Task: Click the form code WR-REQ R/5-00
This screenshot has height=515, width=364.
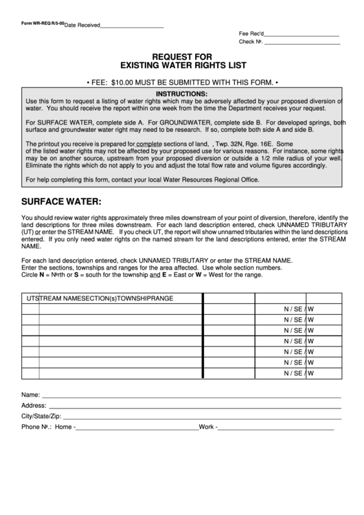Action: click(43, 23)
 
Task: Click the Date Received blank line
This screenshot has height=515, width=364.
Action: click(132, 26)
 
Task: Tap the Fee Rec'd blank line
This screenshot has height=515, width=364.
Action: click(302, 34)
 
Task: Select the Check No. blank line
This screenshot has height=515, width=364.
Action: click(302, 43)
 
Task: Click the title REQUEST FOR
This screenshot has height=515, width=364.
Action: click(181, 56)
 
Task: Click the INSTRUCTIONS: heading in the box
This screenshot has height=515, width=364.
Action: click(181, 94)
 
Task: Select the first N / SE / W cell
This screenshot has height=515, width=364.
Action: click(299, 309)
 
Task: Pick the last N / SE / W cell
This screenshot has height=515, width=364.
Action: click(299, 373)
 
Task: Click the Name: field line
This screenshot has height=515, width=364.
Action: click(191, 397)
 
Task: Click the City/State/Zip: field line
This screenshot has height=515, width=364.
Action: click(203, 417)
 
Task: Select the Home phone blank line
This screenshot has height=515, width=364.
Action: click(137, 428)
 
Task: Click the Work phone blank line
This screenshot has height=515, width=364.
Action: click(276, 428)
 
